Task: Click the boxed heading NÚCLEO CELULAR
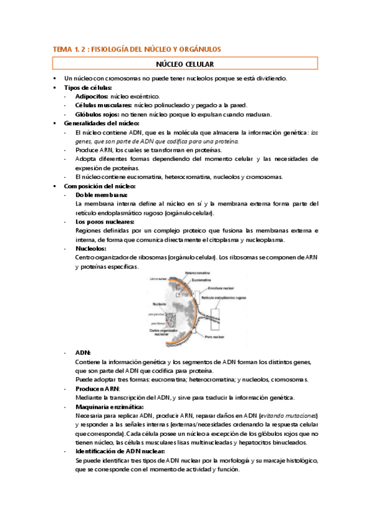(185, 64)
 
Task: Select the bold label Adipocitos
(92, 97)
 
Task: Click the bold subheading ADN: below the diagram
(82, 352)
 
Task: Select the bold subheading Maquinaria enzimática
(108, 406)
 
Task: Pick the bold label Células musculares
(98, 105)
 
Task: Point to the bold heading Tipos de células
(87, 87)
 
